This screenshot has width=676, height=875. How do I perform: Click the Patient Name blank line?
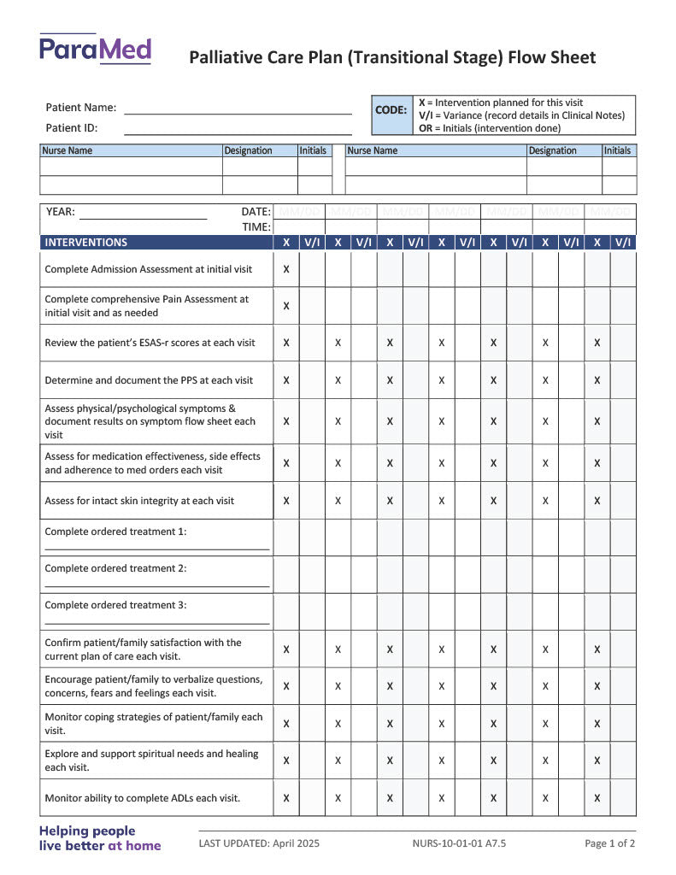tap(238, 112)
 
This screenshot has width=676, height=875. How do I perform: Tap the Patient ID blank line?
tap(238, 132)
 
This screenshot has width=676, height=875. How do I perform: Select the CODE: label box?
tap(391, 110)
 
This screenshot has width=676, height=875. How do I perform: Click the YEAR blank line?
tap(143, 217)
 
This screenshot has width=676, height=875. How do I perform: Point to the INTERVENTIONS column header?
tap(86, 243)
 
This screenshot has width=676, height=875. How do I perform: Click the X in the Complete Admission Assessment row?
tap(286, 269)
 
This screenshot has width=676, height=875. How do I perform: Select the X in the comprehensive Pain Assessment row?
tap(286, 306)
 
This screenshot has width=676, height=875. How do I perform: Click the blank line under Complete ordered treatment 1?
tap(157, 549)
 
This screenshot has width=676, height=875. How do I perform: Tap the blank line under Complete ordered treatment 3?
tap(157, 623)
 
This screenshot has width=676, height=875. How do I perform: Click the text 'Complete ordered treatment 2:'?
tap(115, 568)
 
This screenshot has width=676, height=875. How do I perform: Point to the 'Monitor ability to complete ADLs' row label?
tap(142, 798)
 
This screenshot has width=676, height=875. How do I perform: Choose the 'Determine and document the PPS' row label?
tap(149, 380)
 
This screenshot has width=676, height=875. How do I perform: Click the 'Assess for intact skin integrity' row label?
tap(139, 501)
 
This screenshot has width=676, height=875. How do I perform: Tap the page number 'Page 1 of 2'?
tap(609, 843)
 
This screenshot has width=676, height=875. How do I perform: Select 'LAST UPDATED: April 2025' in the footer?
tap(259, 843)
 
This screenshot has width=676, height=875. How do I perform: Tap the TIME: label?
tap(256, 227)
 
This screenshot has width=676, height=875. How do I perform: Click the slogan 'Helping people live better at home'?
tap(99, 838)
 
